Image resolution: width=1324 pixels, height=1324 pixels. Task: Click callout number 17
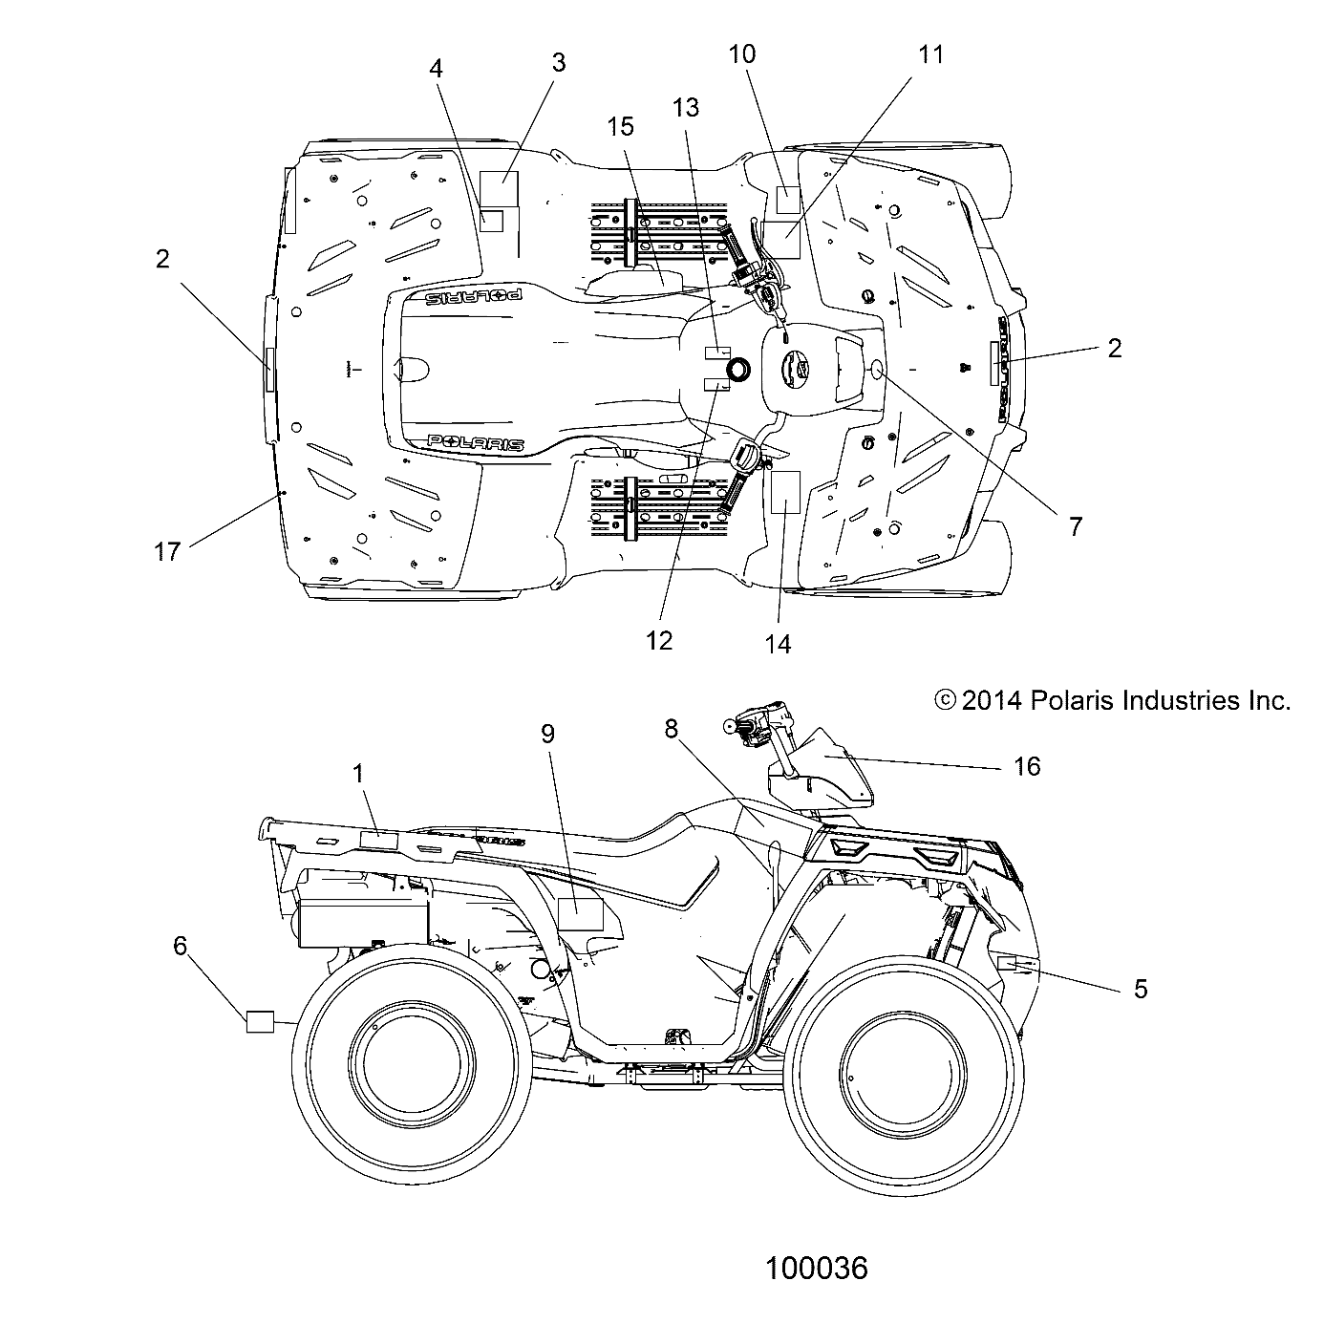point(167,551)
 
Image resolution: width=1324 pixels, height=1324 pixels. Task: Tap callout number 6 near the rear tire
point(180,945)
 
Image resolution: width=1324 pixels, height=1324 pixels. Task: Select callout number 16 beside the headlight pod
point(1027,765)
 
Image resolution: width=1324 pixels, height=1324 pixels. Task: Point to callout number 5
point(1140,989)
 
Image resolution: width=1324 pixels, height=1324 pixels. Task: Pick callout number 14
point(779,644)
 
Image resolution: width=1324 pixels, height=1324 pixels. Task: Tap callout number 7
point(1076,525)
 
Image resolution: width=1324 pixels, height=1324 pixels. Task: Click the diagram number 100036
point(817,1268)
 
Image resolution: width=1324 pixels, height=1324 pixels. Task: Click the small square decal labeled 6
point(260,1021)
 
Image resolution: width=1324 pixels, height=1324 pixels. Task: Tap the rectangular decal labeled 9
point(580,914)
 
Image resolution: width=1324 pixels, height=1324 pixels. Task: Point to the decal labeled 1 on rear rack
point(377,840)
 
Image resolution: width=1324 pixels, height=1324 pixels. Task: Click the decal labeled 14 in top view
point(784,493)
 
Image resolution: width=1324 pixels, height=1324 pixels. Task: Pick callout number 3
point(559,62)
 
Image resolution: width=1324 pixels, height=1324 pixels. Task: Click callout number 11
point(930,54)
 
